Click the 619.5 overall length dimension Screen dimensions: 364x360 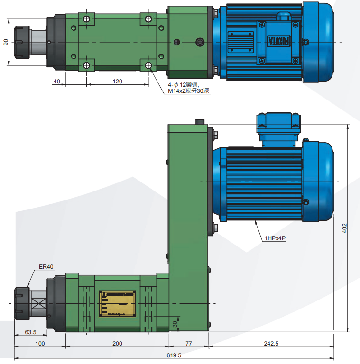[174, 355]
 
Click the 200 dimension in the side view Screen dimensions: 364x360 [117, 343]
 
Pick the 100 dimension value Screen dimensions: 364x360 [40, 343]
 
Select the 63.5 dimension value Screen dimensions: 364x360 [31, 332]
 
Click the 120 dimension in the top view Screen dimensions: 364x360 [117, 82]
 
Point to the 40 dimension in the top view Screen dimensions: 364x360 [56, 82]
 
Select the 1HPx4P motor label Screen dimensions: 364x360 [276, 239]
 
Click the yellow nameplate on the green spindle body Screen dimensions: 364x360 [118, 303]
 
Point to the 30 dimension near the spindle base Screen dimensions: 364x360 [175, 324]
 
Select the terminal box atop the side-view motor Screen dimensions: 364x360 [278, 125]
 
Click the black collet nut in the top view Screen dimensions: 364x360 [20, 42]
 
